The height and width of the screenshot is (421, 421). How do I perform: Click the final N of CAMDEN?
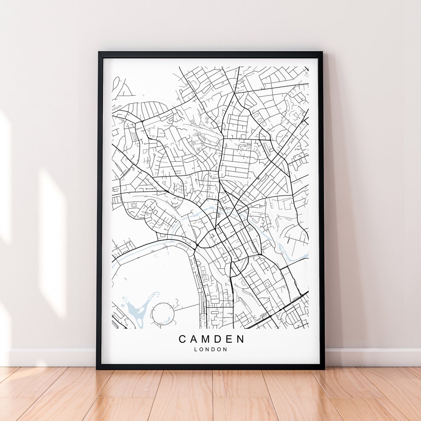coord(241,339)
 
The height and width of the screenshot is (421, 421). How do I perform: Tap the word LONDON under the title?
coord(211,349)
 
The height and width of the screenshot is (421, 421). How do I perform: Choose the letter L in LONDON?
coord(196,349)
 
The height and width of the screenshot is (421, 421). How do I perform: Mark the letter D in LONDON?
coord(214,349)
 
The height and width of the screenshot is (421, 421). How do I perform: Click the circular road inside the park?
coord(163,314)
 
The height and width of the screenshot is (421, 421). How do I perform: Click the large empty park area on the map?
coord(156,273)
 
